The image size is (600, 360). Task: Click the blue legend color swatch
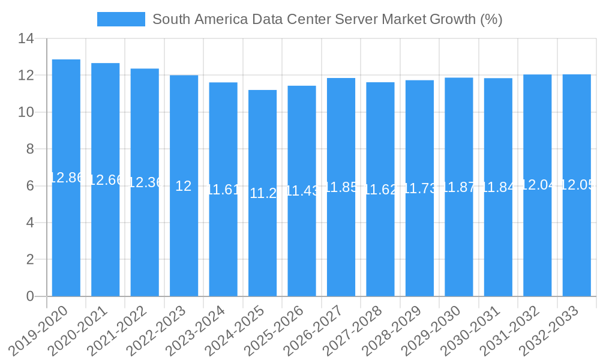point(121,19)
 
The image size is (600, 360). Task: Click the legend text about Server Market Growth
point(327,19)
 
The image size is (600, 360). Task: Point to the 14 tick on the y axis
point(26,39)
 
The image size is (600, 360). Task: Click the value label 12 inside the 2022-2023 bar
point(184,186)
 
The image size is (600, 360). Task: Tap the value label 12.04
point(537,185)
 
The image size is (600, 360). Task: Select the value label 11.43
point(302,191)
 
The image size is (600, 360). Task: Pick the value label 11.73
point(419,188)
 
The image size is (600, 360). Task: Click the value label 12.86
point(66,178)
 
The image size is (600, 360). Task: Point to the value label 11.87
point(459,187)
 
